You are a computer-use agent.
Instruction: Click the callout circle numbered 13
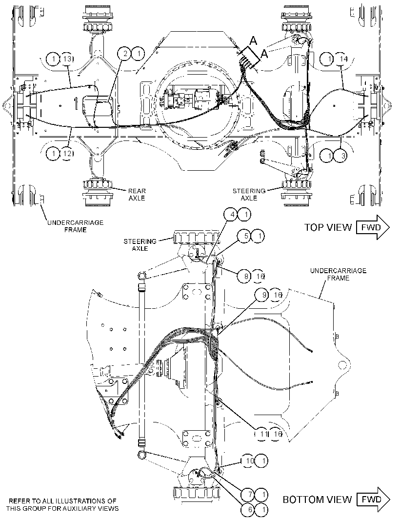click(67, 60)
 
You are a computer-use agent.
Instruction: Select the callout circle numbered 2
click(125, 53)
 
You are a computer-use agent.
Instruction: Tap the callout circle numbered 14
click(343, 59)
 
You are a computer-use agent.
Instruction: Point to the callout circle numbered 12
click(67, 154)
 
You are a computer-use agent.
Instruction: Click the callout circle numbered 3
click(343, 155)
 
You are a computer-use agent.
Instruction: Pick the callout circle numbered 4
click(233, 215)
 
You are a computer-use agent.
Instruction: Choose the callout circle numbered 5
click(246, 236)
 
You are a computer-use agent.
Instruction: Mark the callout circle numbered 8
click(246, 276)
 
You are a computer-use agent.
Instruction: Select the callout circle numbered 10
click(250, 460)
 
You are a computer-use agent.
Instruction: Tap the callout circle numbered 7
click(250, 495)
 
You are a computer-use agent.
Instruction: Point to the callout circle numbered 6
click(250, 509)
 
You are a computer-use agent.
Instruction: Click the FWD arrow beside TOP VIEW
click(373, 227)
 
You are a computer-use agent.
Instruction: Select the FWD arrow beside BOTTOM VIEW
click(373, 499)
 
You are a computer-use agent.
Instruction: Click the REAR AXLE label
click(137, 194)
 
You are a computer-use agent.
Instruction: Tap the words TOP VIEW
click(328, 227)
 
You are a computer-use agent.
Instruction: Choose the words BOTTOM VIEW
click(317, 500)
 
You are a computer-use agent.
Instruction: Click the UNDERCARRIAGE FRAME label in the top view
click(75, 226)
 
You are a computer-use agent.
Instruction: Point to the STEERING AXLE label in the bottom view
click(140, 245)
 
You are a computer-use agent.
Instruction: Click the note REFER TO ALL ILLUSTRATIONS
click(62, 504)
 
